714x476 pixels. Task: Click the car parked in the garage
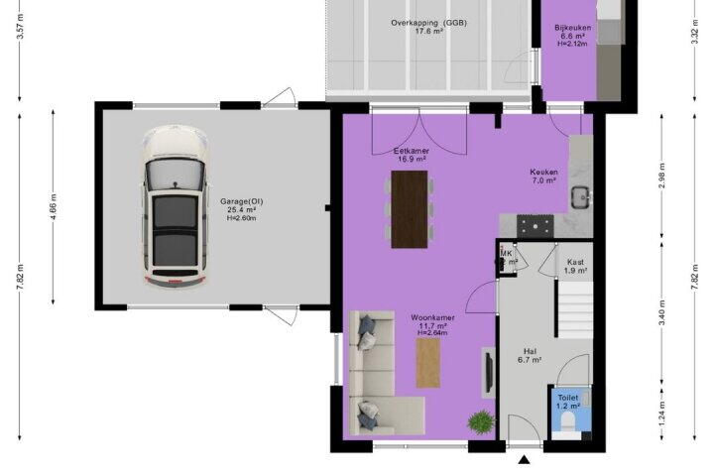point(176,206)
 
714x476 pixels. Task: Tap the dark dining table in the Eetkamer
point(410,209)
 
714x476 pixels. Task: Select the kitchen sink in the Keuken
point(580,197)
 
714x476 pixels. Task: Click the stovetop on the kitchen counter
point(535,226)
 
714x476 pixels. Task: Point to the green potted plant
point(481,421)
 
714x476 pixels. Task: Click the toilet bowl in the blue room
point(568,421)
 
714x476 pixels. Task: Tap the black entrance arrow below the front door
point(525,459)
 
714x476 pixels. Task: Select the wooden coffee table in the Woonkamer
point(428,364)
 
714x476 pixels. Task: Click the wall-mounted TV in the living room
point(489,373)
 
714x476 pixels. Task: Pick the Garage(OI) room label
point(242,201)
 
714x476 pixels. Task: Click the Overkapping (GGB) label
point(428,23)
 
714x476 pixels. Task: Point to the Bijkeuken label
point(573,28)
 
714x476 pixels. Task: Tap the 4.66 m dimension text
point(54,207)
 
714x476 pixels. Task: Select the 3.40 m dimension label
point(662,312)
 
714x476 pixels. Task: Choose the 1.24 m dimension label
point(662,411)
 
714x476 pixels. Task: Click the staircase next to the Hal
point(575,309)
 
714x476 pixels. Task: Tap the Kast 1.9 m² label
point(575,266)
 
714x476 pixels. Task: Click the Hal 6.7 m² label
point(530,355)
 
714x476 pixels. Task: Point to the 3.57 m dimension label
point(20,27)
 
